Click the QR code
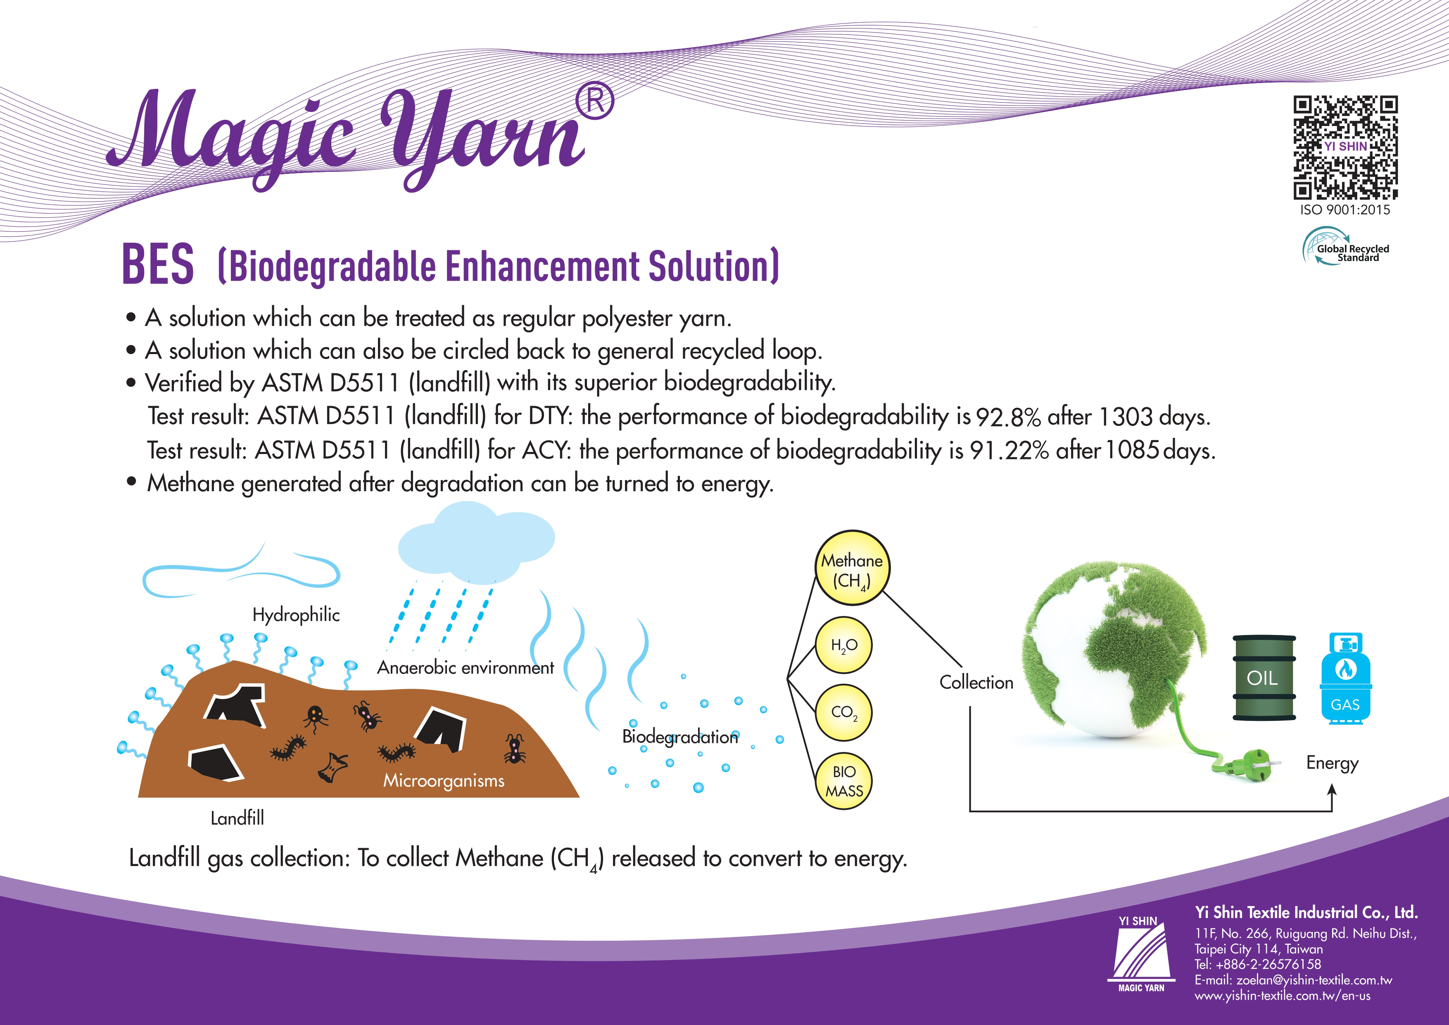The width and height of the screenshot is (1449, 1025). (x=1345, y=147)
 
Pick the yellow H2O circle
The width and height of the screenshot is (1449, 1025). (x=844, y=645)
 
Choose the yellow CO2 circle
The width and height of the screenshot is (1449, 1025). (x=844, y=713)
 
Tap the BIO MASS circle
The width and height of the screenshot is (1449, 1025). (x=844, y=781)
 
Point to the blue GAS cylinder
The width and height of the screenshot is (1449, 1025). (x=1345, y=678)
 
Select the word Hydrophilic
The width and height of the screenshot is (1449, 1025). (x=296, y=615)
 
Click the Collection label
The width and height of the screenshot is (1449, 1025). (x=976, y=682)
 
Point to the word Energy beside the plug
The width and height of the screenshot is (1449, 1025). (x=1332, y=763)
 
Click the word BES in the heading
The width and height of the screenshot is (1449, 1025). (x=158, y=264)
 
